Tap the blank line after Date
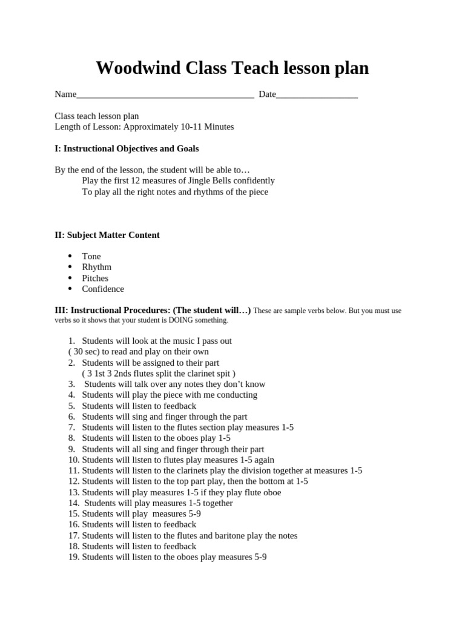click(x=317, y=95)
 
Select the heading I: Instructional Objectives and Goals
click(x=127, y=148)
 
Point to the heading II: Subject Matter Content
click(x=107, y=235)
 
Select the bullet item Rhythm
click(x=97, y=267)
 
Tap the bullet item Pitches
click(x=95, y=278)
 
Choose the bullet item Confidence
click(x=103, y=289)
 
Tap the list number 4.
click(x=71, y=395)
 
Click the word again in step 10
click(x=263, y=460)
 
